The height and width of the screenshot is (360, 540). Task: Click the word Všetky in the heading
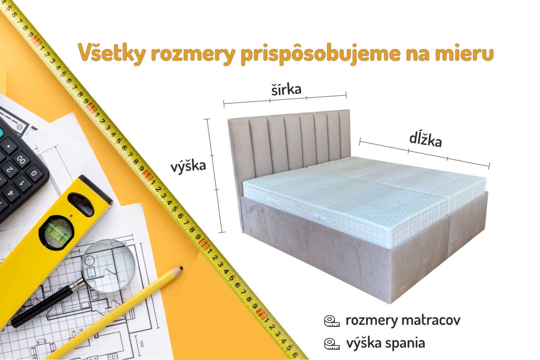(x=112, y=53)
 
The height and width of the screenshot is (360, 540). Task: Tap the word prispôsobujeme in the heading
(x=320, y=53)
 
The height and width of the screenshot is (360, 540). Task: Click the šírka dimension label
(x=286, y=89)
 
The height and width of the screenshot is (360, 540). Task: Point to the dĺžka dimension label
(x=426, y=139)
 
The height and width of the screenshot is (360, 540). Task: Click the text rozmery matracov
(x=403, y=321)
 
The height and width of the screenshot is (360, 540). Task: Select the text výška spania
(x=385, y=343)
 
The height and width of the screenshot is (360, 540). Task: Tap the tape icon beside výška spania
(x=332, y=344)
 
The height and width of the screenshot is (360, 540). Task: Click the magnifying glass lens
(x=108, y=266)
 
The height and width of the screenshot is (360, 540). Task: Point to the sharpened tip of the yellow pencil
(x=181, y=268)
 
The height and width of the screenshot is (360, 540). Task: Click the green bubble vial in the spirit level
(x=56, y=232)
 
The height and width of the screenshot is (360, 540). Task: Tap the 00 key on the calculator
(x=21, y=160)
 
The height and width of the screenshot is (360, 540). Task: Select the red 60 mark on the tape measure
(x=203, y=243)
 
